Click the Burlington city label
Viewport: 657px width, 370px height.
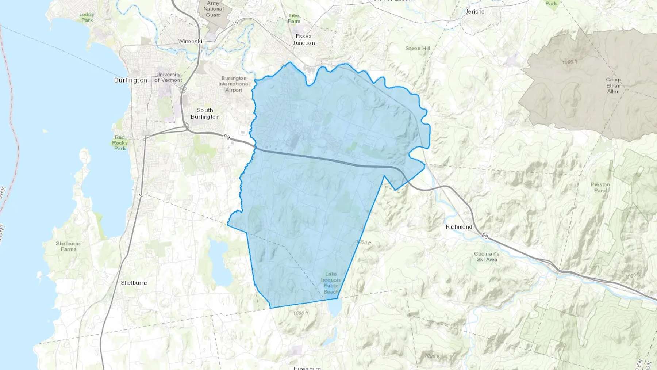pos(131,80)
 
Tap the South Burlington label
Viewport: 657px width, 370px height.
pos(205,114)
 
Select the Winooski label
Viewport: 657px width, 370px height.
pos(190,41)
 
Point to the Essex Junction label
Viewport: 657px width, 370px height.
pos(304,39)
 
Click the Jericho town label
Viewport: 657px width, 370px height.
pos(475,12)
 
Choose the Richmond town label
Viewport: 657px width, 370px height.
pos(459,227)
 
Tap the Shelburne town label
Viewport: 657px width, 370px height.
pos(134,283)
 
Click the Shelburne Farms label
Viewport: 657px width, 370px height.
pos(68,246)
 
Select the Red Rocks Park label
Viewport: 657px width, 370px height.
pos(120,143)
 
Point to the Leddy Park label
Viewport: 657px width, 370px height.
pos(87,17)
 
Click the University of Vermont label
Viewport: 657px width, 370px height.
pos(168,77)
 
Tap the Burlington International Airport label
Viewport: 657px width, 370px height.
pos(234,84)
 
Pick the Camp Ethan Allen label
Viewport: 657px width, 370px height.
pos(613,85)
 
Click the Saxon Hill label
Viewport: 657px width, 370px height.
pos(418,48)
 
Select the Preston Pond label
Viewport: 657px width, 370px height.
pos(600,187)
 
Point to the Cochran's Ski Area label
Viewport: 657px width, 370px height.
pos(487,256)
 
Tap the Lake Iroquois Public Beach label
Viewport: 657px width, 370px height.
pos(331,283)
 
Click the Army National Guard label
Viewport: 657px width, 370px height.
pos(214,9)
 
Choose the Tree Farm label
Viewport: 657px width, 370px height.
pos(294,18)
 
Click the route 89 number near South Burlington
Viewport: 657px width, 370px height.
pos(227,137)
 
